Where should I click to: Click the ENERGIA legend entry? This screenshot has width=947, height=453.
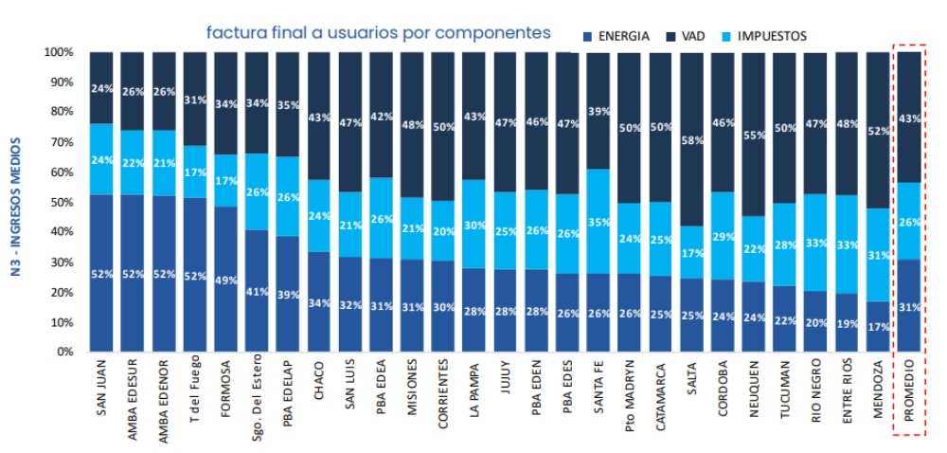click(x=616, y=36)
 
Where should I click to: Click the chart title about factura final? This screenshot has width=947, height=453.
click(x=379, y=33)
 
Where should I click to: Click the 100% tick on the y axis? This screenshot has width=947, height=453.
click(x=58, y=52)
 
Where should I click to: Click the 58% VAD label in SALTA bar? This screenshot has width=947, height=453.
click(x=691, y=140)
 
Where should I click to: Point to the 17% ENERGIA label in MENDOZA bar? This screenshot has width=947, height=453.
click(x=878, y=327)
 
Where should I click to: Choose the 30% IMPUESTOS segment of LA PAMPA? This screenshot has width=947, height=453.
click(x=474, y=225)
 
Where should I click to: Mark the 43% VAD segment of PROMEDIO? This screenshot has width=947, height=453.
click(x=909, y=118)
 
